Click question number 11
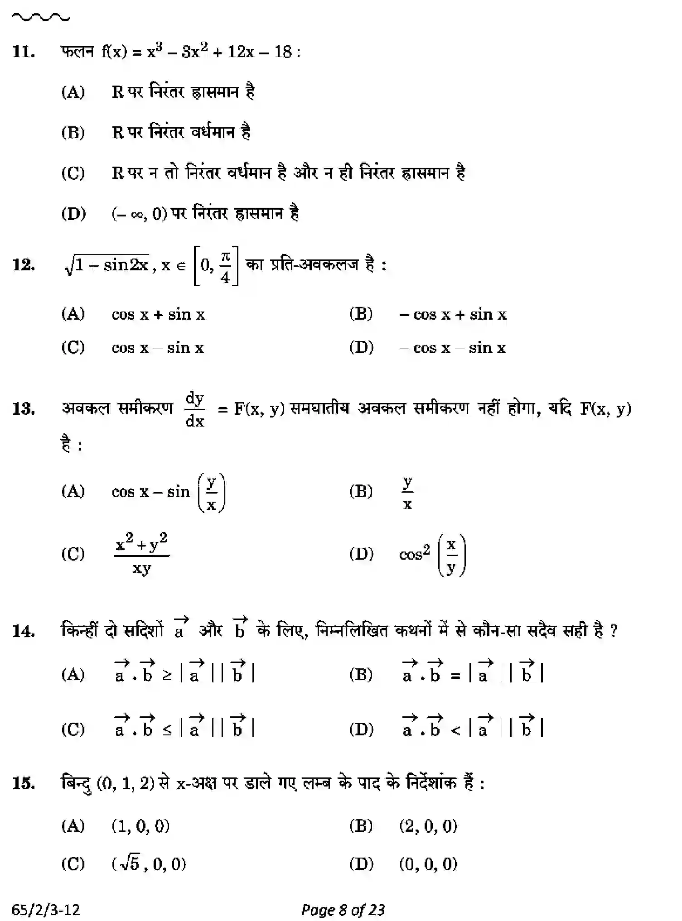(24, 52)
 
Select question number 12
(24, 265)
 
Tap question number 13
(24, 409)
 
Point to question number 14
(24, 631)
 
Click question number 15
(24, 783)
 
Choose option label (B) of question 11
(73, 133)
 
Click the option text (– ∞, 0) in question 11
(139, 213)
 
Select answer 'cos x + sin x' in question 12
(158, 314)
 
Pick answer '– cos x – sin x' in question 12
(452, 348)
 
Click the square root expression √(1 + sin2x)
(107, 264)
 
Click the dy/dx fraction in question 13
(195, 410)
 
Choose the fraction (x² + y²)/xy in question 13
(141, 553)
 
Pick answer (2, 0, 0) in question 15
(428, 826)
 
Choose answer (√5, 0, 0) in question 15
(149, 864)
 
